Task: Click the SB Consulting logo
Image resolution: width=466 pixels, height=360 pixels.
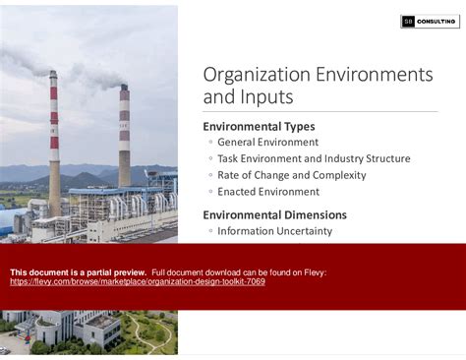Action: [431, 22]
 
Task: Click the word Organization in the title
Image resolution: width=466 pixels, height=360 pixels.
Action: [253, 75]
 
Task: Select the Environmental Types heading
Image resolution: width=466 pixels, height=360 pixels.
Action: [259, 126]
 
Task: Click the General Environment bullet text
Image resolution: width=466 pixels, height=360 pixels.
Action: [267, 143]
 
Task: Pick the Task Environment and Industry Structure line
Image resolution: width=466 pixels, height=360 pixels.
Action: [314, 159]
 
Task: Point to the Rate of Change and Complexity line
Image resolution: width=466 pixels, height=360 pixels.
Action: [291, 176]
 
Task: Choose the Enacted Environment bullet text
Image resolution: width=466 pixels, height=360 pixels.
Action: [268, 193]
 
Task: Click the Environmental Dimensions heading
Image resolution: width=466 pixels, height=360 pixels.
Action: [274, 214]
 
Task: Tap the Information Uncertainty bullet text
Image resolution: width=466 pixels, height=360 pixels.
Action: [274, 232]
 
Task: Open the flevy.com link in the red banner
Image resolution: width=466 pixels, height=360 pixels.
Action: [137, 282]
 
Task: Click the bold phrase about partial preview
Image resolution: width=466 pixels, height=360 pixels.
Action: [78, 272]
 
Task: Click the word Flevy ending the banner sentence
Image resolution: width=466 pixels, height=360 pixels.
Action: [316, 272]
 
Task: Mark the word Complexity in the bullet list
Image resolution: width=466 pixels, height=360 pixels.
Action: [340, 176]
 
